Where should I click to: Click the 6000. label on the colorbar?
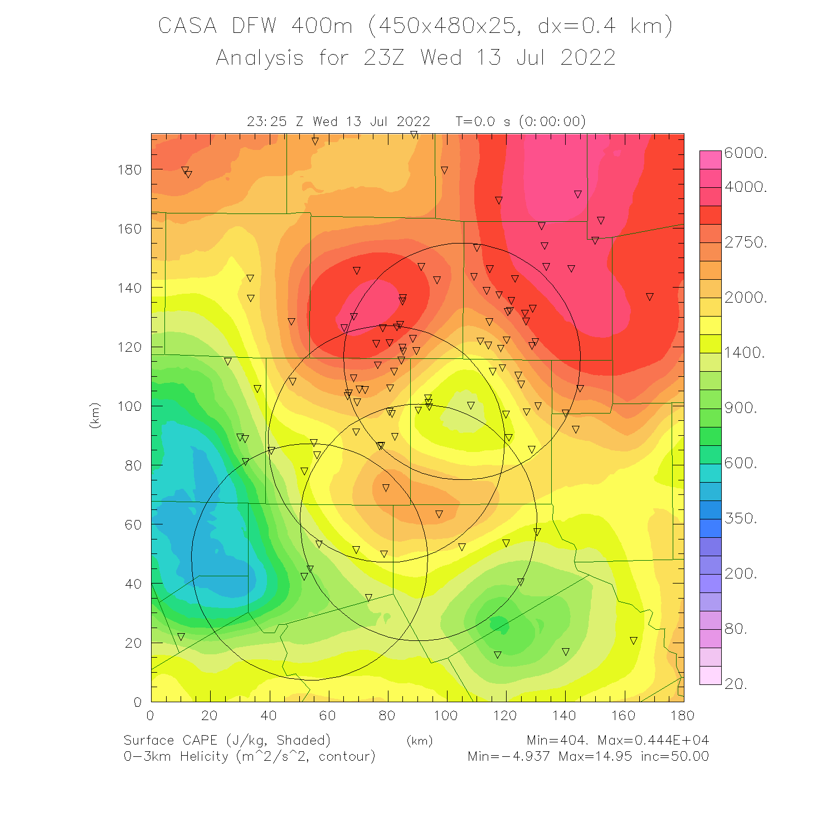coord(746,153)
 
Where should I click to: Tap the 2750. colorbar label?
coord(746,242)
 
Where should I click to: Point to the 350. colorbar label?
coord(741,518)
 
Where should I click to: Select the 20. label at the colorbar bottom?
coord(736,684)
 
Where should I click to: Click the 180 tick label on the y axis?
coord(129,169)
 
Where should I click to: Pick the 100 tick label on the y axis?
coord(129,406)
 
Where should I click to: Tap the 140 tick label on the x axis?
coord(565,716)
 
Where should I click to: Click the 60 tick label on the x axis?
coord(328,716)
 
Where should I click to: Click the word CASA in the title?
coord(187,26)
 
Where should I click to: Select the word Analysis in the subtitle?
coord(260,58)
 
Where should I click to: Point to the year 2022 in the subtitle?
coord(588,58)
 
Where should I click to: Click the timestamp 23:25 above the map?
coord(267,121)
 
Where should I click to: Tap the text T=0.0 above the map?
coord(475,121)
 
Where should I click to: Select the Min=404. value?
coord(557,740)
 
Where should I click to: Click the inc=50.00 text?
coord(674,756)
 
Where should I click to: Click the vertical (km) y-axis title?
coord(95,415)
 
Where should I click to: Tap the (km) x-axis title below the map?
coord(420,741)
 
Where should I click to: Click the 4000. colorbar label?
coord(746,187)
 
